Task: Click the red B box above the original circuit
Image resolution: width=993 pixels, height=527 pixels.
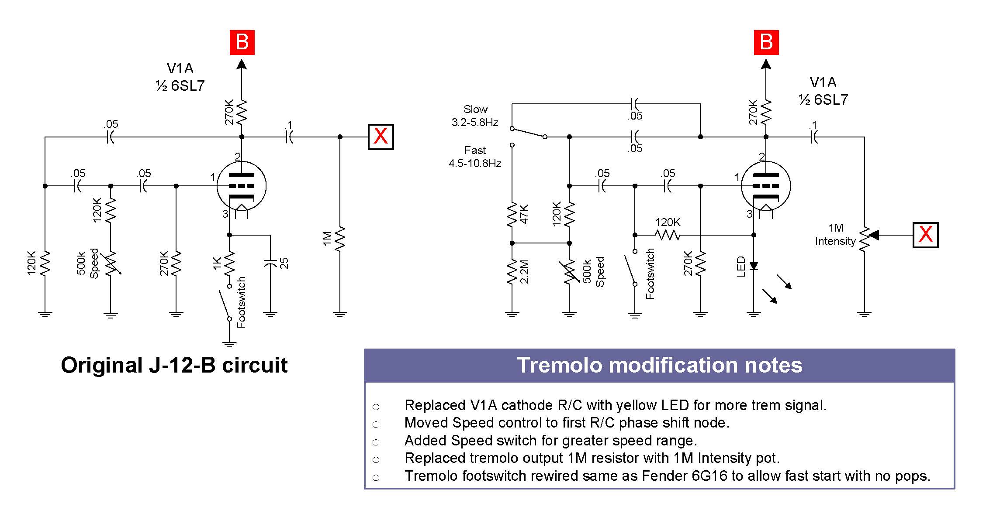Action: (x=242, y=42)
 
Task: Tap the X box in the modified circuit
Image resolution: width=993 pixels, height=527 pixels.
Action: (x=925, y=235)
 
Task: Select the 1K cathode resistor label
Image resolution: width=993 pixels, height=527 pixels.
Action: (x=217, y=263)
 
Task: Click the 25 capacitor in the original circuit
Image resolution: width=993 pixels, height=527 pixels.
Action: (x=271, y=263)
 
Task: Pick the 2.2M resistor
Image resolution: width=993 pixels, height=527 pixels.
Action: (x=512, y=271)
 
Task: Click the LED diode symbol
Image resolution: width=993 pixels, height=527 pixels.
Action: (x=754, y=265)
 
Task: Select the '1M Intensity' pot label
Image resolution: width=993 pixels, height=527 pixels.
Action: (x=835, y=234)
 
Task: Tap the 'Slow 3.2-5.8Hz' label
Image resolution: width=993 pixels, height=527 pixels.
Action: (x=475, y=116)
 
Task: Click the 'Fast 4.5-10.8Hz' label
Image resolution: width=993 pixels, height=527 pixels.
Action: (x=475, y=157)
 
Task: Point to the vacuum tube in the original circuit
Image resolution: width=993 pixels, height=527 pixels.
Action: (x=242, y=186)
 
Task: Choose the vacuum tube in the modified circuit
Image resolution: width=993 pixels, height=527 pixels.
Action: (x=766, y=186)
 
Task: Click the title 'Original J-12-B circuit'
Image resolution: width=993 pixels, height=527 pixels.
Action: (x=174, y=365)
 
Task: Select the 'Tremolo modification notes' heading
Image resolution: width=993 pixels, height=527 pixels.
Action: (x=659, y=365)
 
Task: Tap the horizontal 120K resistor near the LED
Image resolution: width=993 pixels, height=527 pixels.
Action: (x=668, y=235)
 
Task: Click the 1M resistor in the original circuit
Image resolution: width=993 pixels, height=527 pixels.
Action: (x=340, y=239)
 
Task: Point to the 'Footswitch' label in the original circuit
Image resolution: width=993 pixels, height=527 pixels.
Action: (x=242, y=302)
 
